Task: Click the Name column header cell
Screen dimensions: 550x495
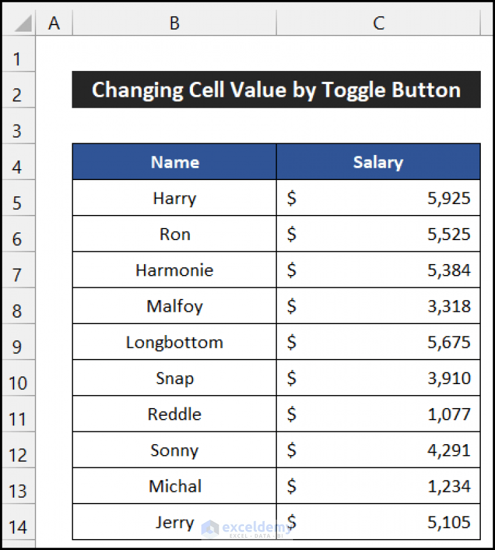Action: coord(174,162)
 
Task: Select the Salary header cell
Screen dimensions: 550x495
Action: coord(378,162)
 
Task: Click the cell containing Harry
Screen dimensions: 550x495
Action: coord(174,198)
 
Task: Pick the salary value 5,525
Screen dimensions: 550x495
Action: coord(449,234)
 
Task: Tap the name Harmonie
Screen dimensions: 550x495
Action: coord(174,270)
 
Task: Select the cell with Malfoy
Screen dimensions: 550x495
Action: coord(174,306)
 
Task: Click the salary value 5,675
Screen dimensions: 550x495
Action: coord(449,342)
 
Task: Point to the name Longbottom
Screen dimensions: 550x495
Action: coord(174,342)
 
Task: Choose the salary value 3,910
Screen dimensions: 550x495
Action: coord(449,378)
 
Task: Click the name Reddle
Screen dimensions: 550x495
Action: coord(174,414)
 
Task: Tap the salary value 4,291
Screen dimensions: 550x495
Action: coord(449,451)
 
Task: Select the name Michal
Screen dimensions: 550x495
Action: coord(174,486)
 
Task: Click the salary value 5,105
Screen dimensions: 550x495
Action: coord(449,522)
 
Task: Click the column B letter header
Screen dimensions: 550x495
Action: coord(174,24)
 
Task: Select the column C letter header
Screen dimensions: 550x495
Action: coord(378,24)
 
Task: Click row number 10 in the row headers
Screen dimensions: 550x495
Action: coord(18,383)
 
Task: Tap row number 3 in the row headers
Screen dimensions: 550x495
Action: coord(18,131)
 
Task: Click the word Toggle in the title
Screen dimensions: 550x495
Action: coord(354,90)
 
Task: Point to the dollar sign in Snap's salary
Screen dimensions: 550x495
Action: coord(292,378)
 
